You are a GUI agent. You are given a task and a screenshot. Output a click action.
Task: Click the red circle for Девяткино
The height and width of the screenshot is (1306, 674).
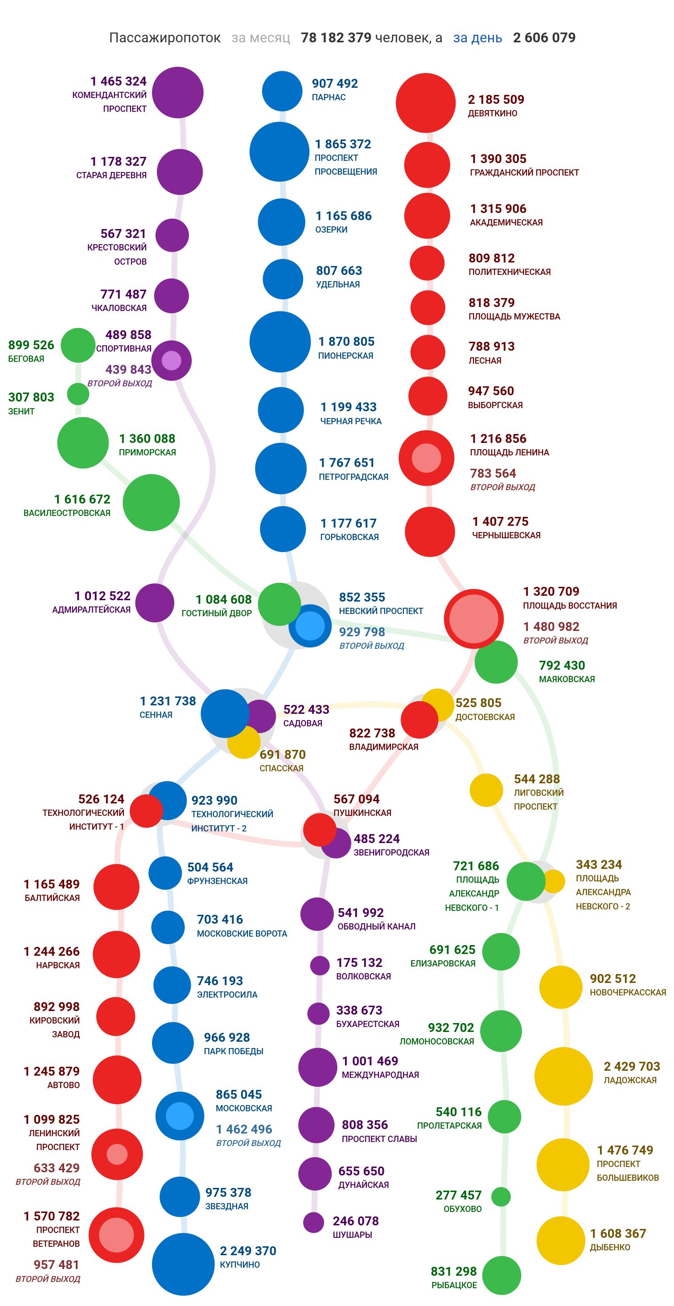tap(426, 103)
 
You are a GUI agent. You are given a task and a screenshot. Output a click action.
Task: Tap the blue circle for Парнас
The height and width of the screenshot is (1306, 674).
tap(282, 91)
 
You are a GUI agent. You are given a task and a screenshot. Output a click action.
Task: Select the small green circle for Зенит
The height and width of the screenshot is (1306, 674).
tap(78, 394)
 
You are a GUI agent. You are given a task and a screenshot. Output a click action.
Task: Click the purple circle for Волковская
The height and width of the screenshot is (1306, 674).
tap(320, 965)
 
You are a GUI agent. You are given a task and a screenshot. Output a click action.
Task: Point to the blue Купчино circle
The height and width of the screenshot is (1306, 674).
tap(183, 1265)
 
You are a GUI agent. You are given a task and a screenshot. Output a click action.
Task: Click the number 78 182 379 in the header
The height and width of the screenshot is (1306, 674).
tap(336, 38)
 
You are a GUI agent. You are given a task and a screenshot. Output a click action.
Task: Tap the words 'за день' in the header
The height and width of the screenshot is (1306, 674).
tap(477, 38)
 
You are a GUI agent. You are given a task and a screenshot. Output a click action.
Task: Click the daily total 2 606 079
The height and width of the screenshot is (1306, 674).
tap(544, 38)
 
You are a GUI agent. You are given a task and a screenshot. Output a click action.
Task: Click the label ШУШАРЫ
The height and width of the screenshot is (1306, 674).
tap(353, 1235)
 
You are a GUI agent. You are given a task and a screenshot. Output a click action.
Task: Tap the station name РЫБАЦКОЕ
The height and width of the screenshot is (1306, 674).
tap(454, 1285)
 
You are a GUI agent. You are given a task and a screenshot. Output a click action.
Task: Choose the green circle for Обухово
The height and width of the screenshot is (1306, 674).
tap(501, 1196)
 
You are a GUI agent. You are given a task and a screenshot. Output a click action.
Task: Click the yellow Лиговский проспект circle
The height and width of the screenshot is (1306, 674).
tap(486, 790)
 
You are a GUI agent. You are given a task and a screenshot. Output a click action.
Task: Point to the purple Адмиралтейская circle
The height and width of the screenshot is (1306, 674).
tap(155, 603)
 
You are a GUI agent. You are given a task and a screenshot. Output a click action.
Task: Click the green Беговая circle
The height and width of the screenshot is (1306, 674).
tap(78, 345)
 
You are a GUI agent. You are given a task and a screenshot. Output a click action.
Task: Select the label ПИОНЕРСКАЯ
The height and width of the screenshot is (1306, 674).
tap(345, 356)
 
